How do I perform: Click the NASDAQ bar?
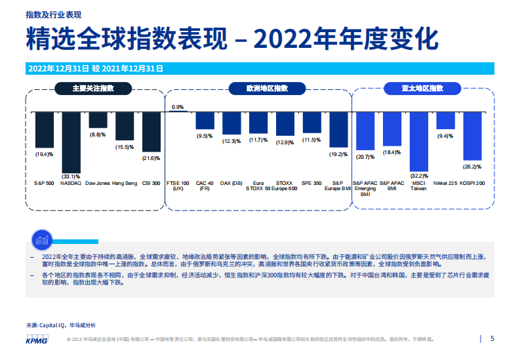click(x=71, y=141)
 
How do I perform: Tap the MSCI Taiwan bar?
click(x=419, y=142)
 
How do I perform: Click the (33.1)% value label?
click(x=71, y=176)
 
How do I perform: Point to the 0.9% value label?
click(x=178, y=106)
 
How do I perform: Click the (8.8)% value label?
click(x=98, y=134)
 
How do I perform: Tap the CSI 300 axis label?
click(x=151, y=183)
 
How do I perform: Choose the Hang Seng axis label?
click(x=124, y=183)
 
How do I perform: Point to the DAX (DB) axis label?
click(x=231, y=183)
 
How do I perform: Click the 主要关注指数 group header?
click(x=93, y=89)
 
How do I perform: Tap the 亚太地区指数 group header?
click(x=422, y=89)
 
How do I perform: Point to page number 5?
click(x=492, y=339)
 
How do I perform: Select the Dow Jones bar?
click(x=98, y=119)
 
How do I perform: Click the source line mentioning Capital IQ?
click(x=60, y=325)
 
